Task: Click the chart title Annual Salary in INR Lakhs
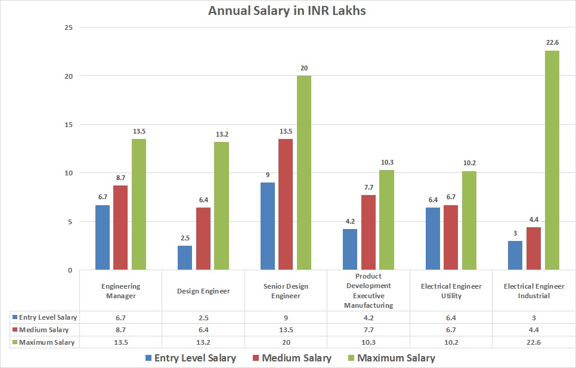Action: coord(287,11)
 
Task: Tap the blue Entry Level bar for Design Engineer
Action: coord(185,258)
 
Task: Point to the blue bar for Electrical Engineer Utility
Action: coord(433,239)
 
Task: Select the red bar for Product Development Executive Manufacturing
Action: coord(368,233)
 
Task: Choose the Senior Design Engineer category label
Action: coord(286,290)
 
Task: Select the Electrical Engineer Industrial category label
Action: coord(534,290)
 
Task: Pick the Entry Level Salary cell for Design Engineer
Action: coord(203,317)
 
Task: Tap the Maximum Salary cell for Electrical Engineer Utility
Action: coord(451,342)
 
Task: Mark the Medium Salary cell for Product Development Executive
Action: coord(368,330)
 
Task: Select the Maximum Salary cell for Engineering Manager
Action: coord(121,342)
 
